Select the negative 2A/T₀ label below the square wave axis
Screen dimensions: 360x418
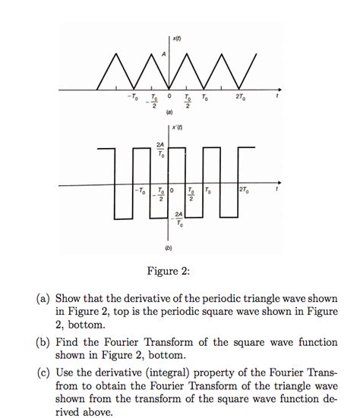(179, 220)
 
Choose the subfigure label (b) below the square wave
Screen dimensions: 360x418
(169, 247)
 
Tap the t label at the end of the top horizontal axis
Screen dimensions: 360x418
(279, 97)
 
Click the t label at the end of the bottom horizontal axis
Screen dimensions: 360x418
(279, 190)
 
